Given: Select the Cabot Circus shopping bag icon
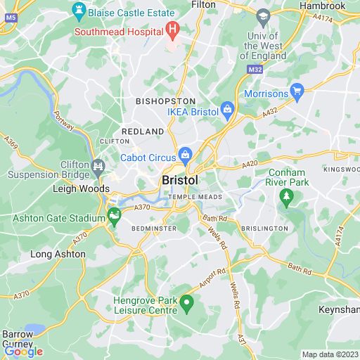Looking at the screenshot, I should (x=185, y=154).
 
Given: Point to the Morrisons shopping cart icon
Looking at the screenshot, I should (x=297, y=91).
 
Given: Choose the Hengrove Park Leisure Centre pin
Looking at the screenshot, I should (x=186, y=304).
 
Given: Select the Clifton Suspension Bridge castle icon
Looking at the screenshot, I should (x=98, y=167).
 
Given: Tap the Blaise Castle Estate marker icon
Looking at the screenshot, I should (x=79, y=11).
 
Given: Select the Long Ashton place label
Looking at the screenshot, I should (x=58, y=254).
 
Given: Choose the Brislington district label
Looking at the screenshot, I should (x=264, y=229).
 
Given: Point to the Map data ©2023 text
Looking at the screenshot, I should (x=329, y=354).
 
